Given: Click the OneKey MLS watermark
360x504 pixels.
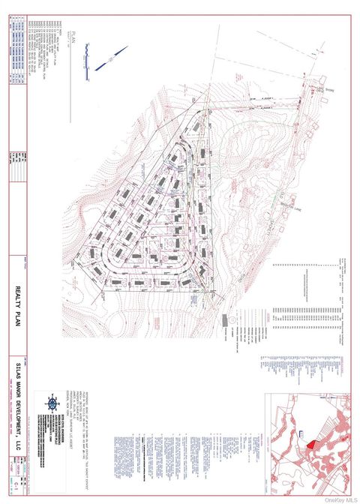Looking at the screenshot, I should point(342,498).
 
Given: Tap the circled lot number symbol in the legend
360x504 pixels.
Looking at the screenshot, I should point(231,331).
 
